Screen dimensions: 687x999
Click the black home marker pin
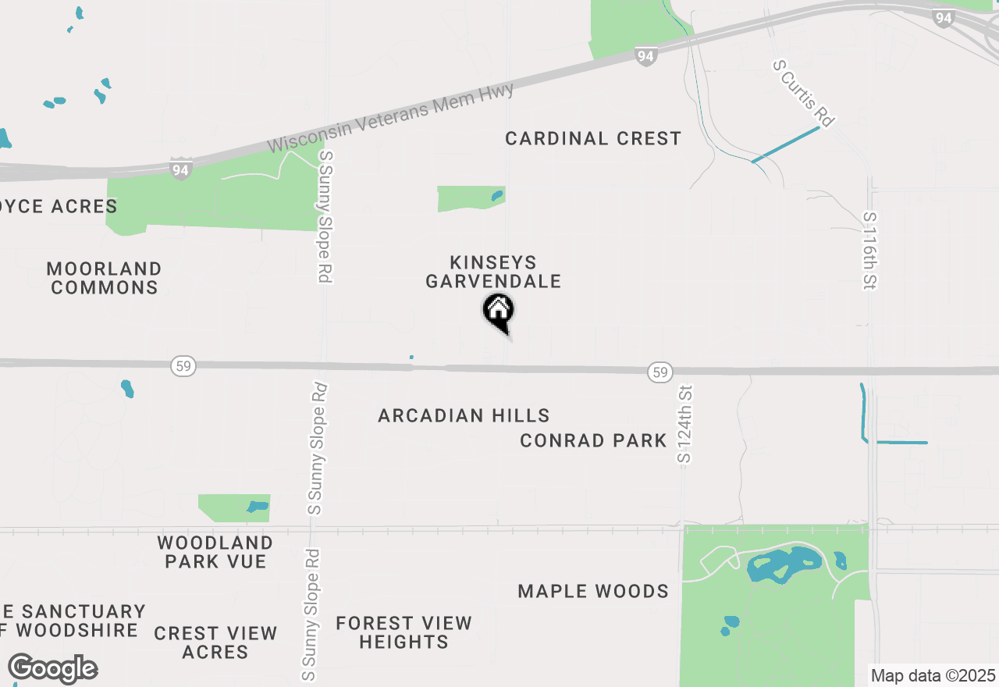click(498, 311)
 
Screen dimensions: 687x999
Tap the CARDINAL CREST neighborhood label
click(593, 139)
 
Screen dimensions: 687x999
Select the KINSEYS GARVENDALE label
click(493, 272)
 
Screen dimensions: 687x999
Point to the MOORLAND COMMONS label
click(104, 278)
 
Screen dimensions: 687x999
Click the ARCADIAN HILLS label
click(464, 415)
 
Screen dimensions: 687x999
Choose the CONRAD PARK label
click(593, 441)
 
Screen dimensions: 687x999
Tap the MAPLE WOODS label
click(593, 591)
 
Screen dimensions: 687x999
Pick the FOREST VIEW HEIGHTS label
click(404, 632)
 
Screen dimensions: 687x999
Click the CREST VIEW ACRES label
click(215, 642)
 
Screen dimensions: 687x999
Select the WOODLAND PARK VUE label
click(215, 551)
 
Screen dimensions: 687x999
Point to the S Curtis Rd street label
click(804, 94)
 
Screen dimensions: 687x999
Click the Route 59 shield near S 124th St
click(660, 372)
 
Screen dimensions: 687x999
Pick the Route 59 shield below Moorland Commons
click(183, 365)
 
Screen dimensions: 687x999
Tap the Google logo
click(53, 668)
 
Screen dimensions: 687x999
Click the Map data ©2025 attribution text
click(933, 675)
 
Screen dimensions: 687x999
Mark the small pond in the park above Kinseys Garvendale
click(497, 196)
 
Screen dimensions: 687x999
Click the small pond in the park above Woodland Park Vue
click(258, 507)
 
